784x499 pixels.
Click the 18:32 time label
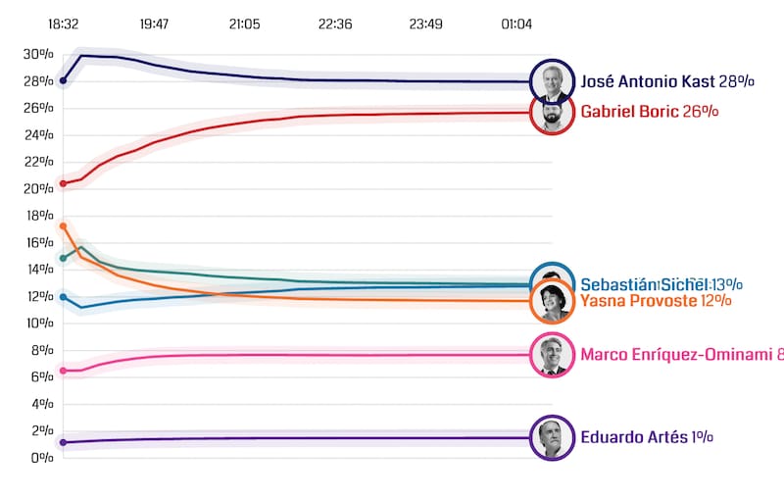click(63, 25)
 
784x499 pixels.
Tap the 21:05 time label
click(244, 25)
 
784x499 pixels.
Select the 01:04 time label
click(516, 25)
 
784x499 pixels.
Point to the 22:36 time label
click(335, 25)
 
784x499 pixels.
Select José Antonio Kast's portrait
click(551, 82)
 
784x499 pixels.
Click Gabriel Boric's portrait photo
click(552, 114)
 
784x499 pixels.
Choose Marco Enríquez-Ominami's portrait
click(551, 355)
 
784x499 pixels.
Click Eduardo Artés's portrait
click(551, 438)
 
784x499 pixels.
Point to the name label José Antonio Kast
click(647, 81)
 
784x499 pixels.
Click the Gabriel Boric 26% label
click(650, 112)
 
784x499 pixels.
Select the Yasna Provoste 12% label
click(656, 300)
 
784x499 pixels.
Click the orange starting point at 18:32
click(64, 226)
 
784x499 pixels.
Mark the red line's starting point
click(64, 183)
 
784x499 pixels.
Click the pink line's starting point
click(64, 371)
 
